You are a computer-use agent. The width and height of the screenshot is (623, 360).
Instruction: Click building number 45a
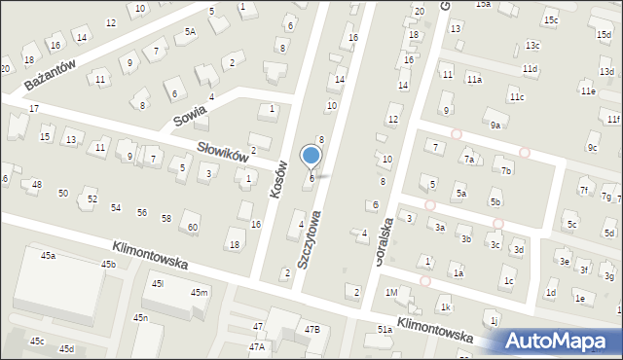point(48,256)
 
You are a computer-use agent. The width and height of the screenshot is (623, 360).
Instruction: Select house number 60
point(193,228)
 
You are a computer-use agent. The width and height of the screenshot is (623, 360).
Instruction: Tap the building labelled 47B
point(311,330)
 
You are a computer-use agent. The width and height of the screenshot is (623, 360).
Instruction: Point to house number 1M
point(391,293)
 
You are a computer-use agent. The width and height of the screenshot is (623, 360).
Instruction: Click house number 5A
point(190,32)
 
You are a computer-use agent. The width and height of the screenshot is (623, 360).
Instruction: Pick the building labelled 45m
point(199,293)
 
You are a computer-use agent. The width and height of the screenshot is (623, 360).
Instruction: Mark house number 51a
point(385,331)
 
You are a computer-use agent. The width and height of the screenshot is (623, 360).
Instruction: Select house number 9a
point(495,126)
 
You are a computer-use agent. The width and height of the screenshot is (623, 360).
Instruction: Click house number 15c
point(551,20)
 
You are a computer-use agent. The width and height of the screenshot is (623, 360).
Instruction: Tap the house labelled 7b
point(506,171)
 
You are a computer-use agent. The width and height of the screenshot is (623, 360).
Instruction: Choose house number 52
point(92,199)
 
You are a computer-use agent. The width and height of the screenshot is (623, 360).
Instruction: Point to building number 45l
point(158,284)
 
